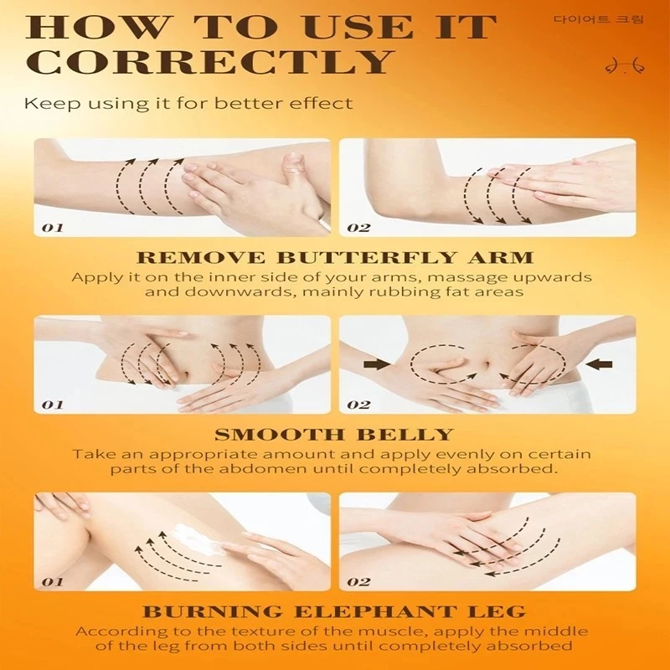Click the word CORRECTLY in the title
(x=209, y=61)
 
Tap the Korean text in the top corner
(x=598, y=19)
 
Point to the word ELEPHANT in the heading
(x=374, y=611)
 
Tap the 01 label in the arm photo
(x=53, y=227)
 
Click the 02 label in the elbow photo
(x=358, y=227)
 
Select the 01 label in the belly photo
(x=53, y=405)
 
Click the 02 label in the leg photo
(x=358, y=581)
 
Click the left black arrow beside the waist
(x=378, y=364)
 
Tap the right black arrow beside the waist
(x=599, y=364)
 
